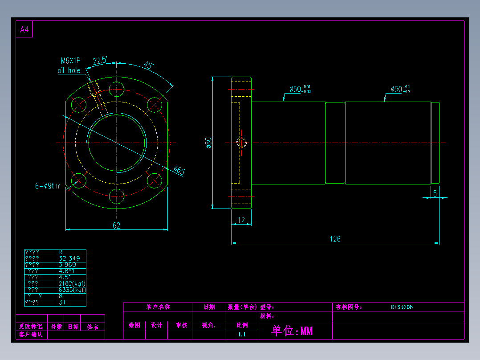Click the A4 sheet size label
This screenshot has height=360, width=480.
tap(24, 30)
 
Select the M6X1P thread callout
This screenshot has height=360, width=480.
tap(70, 61)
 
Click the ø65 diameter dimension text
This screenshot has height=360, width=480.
tap(179, 171)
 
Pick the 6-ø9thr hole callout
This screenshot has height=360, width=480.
tap(48, 186)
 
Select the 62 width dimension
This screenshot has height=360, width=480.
tap(116, 225)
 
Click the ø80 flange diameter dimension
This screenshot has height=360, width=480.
tap(208, 143)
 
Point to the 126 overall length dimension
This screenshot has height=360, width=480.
tap(335, 239)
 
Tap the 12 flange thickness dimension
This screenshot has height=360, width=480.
tap(241, 220)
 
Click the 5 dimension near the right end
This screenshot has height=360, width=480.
tap(435, 193)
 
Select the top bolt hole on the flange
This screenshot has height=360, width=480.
tap(117, 88)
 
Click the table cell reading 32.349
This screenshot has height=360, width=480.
tap(69, 258)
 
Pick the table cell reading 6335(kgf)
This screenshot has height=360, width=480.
tap(72, 290)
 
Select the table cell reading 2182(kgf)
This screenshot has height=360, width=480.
tap(72, 283)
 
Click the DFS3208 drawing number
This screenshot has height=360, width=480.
tap(402, 307)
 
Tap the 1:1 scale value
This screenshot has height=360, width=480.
tap(242, 334)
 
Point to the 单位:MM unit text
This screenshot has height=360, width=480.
tap(292, 331)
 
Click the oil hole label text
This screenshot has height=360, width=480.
tap(69, 70)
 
